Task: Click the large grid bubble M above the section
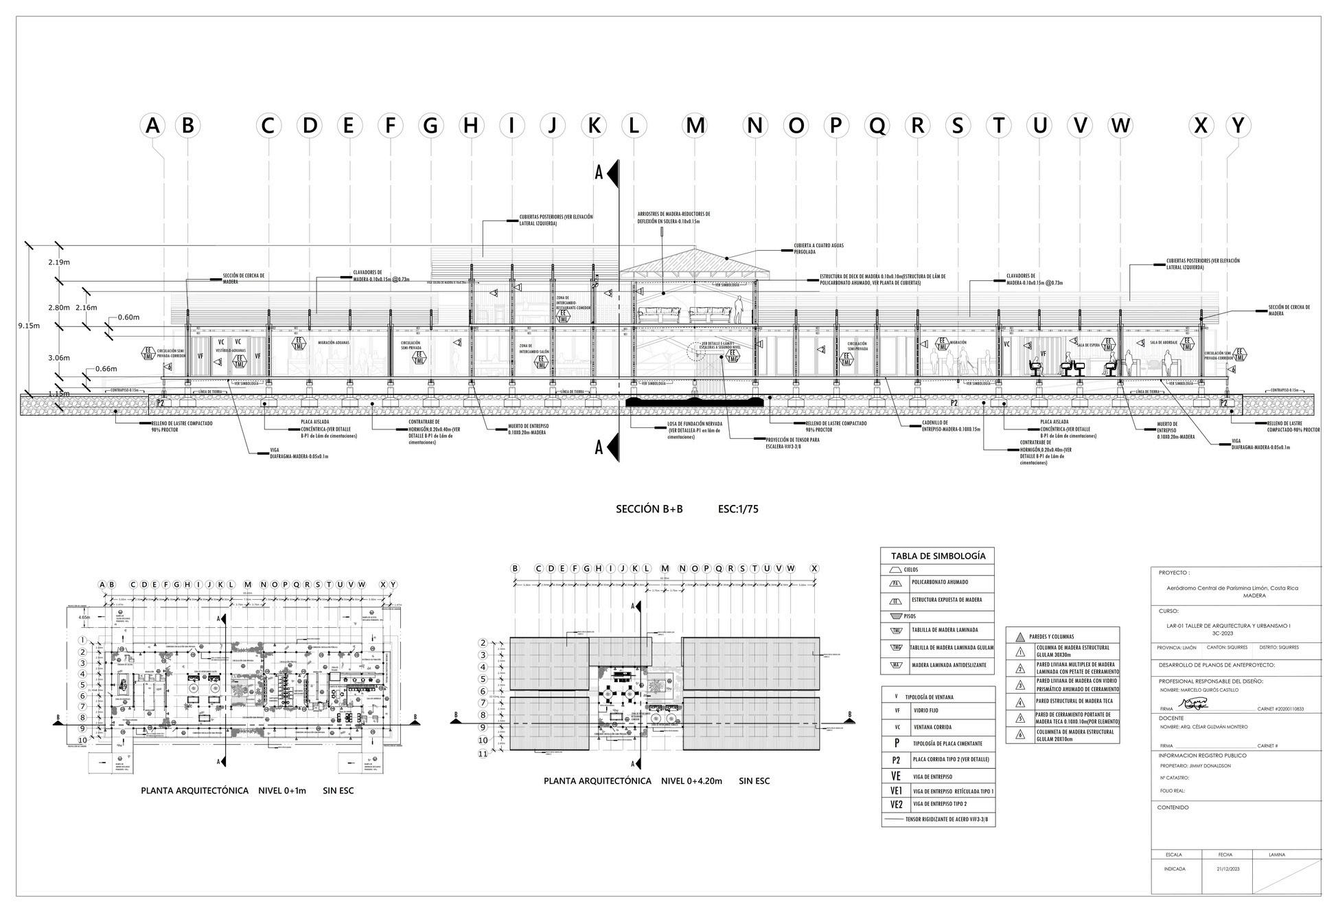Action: point(695,126)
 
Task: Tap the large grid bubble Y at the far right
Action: point(1238,126)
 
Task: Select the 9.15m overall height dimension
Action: point(28,325)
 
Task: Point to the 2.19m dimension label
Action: point(59,262)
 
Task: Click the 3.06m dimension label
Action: point(59,358)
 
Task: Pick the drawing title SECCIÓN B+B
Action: point(649,509)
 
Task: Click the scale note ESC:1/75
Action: point(738,509)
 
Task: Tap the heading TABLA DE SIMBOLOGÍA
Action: point(938,556)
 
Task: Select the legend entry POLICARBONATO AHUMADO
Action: point(940,582)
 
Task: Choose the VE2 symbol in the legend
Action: point(896,804)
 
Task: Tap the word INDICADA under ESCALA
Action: point(1174,868)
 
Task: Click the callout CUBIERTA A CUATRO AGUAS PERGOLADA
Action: point(814,249)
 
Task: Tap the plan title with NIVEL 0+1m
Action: point(247,791)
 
